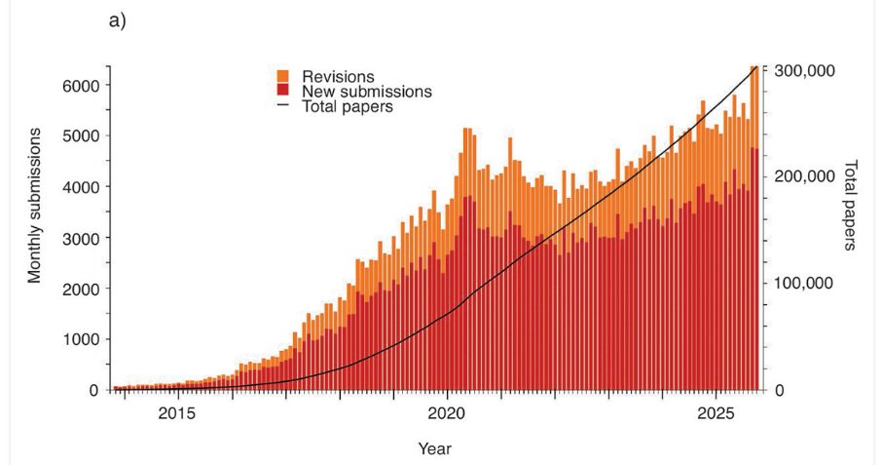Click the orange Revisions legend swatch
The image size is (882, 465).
click(283, 76)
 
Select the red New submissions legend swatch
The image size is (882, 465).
click(283, 92)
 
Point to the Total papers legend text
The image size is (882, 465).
click(348, 107)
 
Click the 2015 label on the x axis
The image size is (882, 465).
click(177, 412)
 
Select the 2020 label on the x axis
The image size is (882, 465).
click(447, 412)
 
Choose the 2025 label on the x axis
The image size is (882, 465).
click(716, 412)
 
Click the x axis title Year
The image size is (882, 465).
click(434, 448)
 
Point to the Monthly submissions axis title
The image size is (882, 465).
click(35, 204)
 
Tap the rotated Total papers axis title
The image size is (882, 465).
click(849, 205)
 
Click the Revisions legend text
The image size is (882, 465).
click(338, 76)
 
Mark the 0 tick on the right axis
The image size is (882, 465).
click(781, 390)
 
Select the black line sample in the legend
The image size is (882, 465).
click(283, 106)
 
